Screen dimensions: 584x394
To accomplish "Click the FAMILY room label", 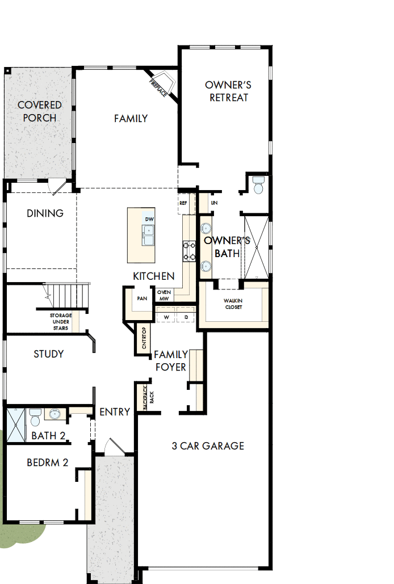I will [x=131, y=119].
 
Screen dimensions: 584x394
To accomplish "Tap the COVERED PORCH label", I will [x=39, y=111].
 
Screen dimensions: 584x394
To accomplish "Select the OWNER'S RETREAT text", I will [x=228, y=91].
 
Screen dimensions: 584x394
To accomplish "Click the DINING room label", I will [x=45, y=213].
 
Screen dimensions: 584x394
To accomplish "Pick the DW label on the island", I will [x=149, y=219].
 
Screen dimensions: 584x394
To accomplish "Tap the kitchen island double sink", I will [x=148, y=234].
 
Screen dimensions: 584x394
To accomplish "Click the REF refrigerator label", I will [x=183, y=203].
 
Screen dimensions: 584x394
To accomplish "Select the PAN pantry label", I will [x=142, y=298].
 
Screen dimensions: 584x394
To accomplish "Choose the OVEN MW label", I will [x=164, y=295].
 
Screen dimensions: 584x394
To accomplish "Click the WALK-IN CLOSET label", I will [x=233, y=304].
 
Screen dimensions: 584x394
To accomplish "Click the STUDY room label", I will [x=48, y=354].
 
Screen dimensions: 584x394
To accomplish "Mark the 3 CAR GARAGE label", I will [x=208, y=446].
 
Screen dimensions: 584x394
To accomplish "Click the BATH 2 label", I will [x=48, y=436].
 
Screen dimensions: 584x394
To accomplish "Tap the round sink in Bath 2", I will [x=55, y=414].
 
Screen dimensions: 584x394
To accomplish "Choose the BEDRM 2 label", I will [x=48, y=463].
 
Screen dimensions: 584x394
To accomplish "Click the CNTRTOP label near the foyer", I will [x=144, y=339].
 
